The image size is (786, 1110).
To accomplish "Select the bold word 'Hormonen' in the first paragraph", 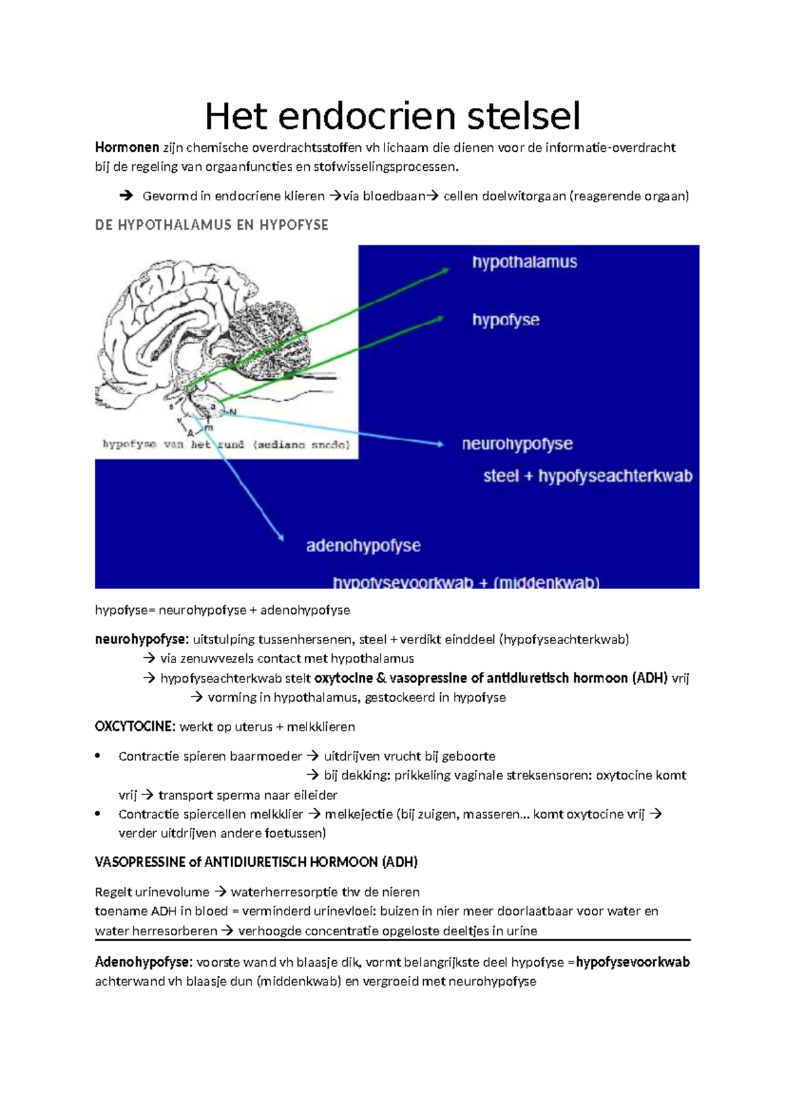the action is coord(127,147).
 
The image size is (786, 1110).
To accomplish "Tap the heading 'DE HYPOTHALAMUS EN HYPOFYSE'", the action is coord(212,225).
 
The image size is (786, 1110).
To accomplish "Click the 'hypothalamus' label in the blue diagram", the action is coord(525,262).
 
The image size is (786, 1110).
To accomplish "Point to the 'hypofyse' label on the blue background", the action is coord(506,320).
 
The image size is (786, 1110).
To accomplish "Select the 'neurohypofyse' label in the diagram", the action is coord(517,444).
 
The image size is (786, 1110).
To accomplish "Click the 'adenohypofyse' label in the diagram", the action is coord(364,546).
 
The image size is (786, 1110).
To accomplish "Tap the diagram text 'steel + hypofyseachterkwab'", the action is coord(588,476).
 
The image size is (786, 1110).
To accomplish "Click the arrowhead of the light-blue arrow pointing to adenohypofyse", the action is coord(281,538).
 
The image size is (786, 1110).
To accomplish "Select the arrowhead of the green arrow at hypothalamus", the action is coord(445,270).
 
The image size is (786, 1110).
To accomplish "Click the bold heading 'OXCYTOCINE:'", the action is coord(135,727).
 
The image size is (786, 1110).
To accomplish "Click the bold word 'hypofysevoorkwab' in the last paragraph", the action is coord(633,962).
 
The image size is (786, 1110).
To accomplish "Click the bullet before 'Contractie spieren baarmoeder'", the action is coord(98,756).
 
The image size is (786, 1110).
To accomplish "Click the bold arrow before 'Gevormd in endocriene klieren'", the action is coord(126,196).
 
